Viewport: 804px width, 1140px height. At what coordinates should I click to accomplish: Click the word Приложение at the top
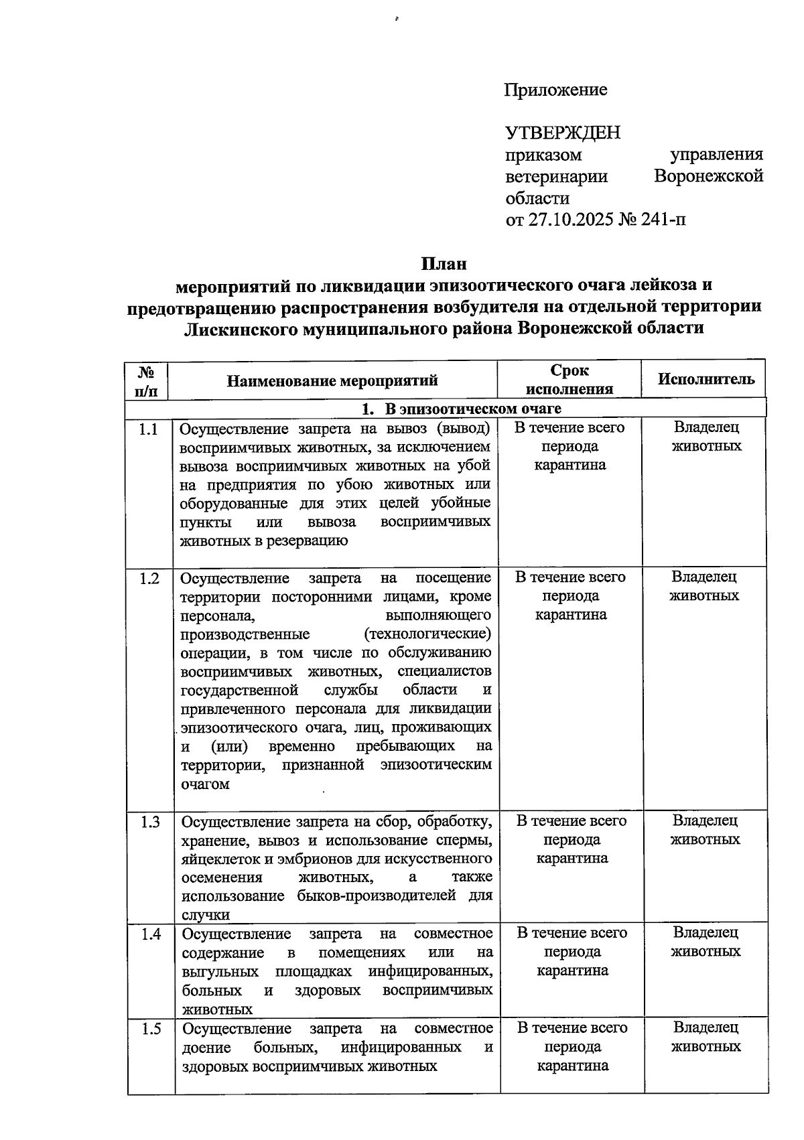(x=555, y=90)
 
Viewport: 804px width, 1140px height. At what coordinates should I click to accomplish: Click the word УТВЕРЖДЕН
(x=563, y=133)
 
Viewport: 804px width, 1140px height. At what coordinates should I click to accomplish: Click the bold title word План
(x=444, y=263)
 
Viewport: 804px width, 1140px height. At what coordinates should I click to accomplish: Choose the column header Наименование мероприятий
(x=332, y=381)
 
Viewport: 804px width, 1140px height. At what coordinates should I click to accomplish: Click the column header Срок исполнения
(x=569, y=380)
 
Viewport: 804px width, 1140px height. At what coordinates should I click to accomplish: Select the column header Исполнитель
(x=706, y=379)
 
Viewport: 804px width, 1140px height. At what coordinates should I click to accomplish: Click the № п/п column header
(x=146, y=380)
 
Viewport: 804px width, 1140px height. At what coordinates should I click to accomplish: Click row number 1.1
(x=148, y=429)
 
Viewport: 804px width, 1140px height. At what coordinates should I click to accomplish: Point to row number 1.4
(x=151, y=934)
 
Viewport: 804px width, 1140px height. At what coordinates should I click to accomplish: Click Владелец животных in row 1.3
(x=705, y=830)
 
